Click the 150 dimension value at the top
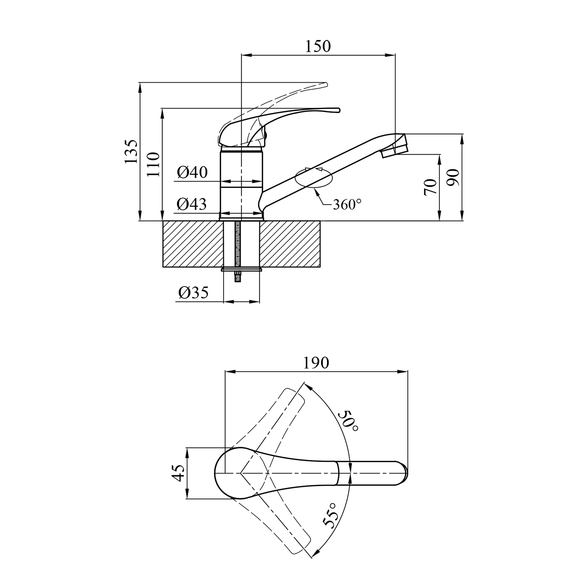tap(318, 46)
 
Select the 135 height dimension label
tap(132, 151)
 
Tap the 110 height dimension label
tap(154, 164)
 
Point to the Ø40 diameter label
tap(192, 172)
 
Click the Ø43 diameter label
tap(192, 204)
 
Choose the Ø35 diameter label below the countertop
tap(193, 292)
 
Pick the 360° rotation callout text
tap(347, 204)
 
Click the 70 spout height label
tap(430, 187)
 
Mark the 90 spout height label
tap(454, 178)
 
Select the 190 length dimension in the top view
tap(316, 363)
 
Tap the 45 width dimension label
tap(179, 473)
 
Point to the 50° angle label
tap(348, 421)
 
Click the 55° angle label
tap(330, 515)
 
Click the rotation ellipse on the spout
tap(314, 178)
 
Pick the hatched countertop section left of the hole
tap(192, 244)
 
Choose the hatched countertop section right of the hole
tap(290, 244)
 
